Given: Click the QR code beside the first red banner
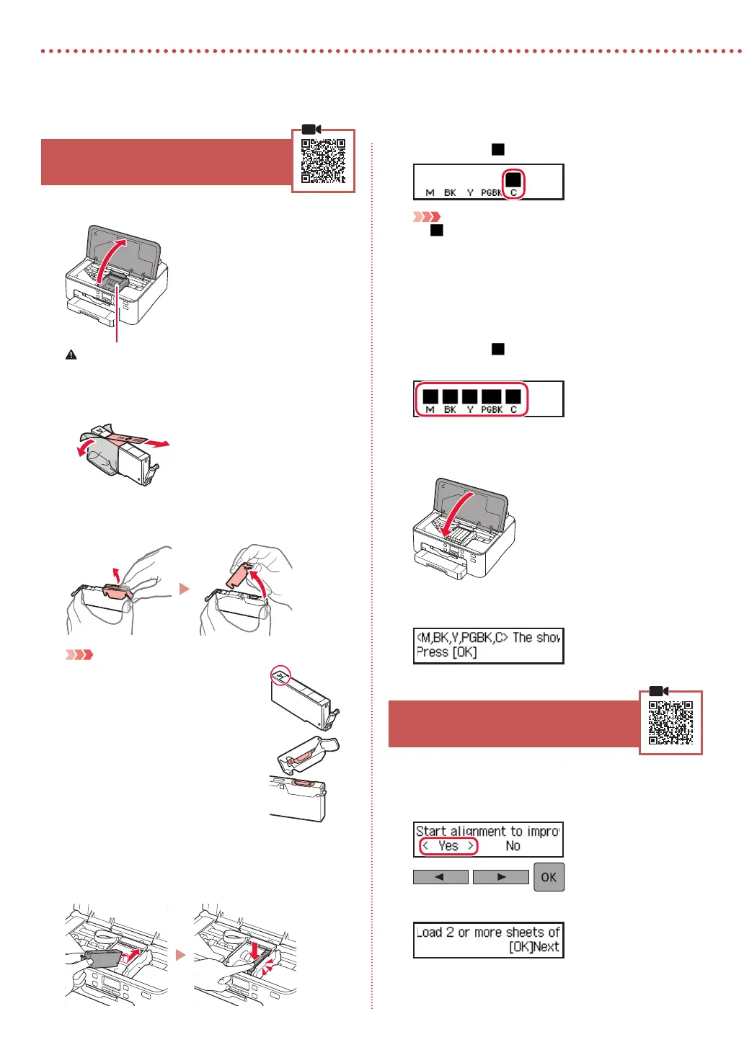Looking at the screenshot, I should click(323, 161).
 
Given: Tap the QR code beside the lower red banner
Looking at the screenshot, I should click(670, 722).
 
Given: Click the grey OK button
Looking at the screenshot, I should click(549, 877).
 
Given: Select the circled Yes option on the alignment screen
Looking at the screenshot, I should click(448, 846).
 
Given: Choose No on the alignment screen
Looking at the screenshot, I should click(513, 846).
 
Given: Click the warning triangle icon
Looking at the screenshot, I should click(71, 355).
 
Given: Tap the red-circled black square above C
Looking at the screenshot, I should click(513, 179).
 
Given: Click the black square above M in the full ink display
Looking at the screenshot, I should click(430, 396).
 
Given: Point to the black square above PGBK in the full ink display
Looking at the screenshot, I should click(491, 396).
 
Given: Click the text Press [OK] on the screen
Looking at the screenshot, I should click(446, 652).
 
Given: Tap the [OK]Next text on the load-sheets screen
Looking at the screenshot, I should click(533, 947).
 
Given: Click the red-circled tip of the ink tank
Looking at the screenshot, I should click(280, 675).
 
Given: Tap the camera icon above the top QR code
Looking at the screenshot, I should click(311, 129).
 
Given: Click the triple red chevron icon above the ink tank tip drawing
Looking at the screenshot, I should click(79, 654).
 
